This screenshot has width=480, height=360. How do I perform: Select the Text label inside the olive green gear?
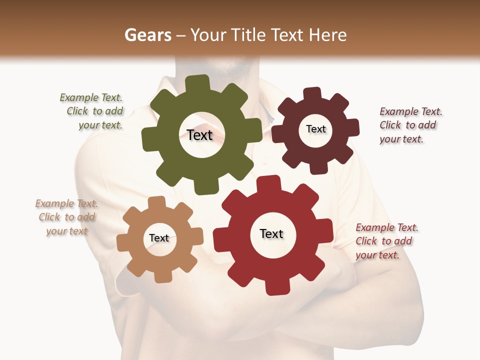[x=199, y=135]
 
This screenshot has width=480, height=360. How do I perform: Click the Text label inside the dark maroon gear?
[x=315, y=129]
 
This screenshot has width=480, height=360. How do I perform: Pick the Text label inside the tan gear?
[x=159, y=238]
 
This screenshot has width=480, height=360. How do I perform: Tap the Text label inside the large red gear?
[x=271, y=233]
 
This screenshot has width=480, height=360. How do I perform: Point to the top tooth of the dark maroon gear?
[x=312, y=94]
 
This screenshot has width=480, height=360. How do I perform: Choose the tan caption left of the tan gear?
[x=66, y=217]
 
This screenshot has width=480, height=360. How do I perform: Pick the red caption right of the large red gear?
[x=385, y=241]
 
